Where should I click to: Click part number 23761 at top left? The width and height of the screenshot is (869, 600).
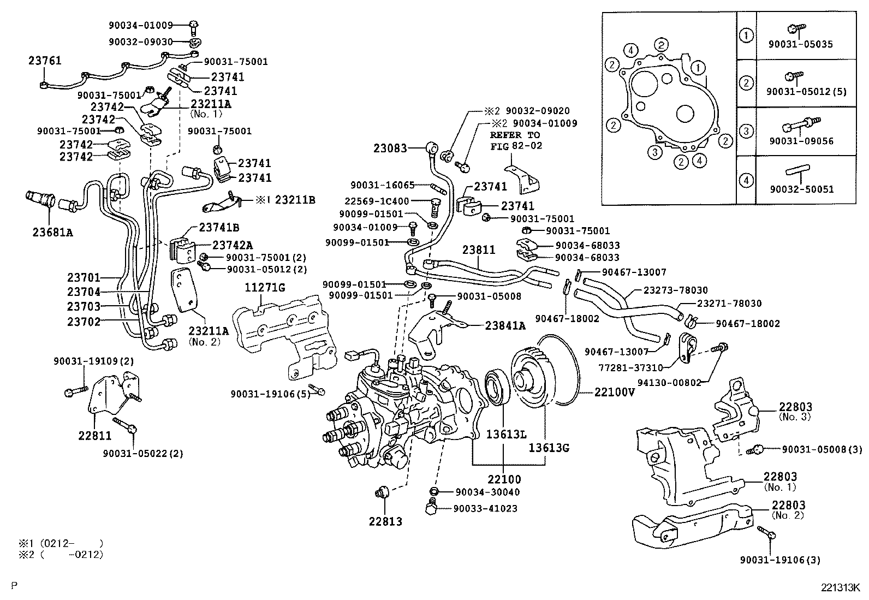45,61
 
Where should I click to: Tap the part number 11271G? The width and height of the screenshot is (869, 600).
265,288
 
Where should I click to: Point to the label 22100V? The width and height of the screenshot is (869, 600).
614,392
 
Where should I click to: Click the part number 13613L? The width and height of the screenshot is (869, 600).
507,435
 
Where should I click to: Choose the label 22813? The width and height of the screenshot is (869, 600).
385,521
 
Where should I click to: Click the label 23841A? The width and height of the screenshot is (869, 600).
505,326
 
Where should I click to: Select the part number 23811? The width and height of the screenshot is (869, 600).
479,250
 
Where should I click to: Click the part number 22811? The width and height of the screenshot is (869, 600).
95,435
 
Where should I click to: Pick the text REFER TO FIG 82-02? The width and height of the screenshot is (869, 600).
515,140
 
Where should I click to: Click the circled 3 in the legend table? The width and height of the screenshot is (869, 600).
746,130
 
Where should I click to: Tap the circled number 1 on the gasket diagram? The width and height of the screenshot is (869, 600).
697,68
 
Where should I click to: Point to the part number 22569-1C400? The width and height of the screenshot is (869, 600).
377,201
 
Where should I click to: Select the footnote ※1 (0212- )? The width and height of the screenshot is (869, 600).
60,543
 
